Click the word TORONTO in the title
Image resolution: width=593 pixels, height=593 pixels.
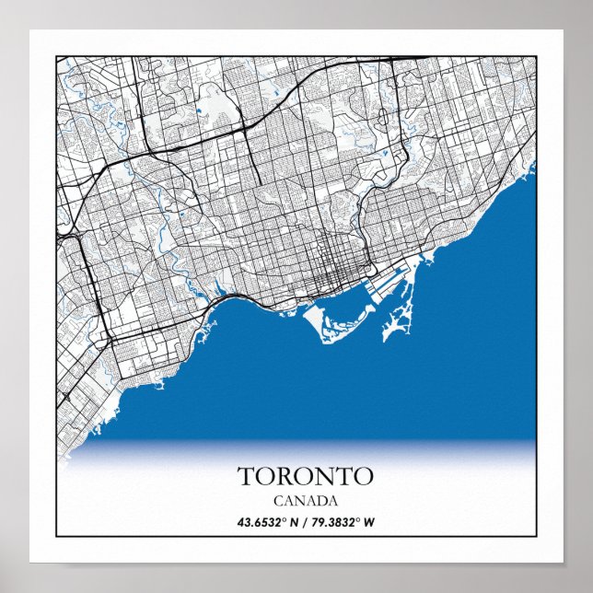(x=306, y=476)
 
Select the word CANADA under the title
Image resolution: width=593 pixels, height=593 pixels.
(x=306, y=501)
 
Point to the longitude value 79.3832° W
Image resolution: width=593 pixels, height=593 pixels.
(x=343, y=523)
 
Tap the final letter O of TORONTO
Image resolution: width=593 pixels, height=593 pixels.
(x=363, y=476)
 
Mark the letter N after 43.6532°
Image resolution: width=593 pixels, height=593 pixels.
(x=294, y=523)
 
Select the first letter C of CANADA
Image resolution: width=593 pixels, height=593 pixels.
(x=278, y=501)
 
